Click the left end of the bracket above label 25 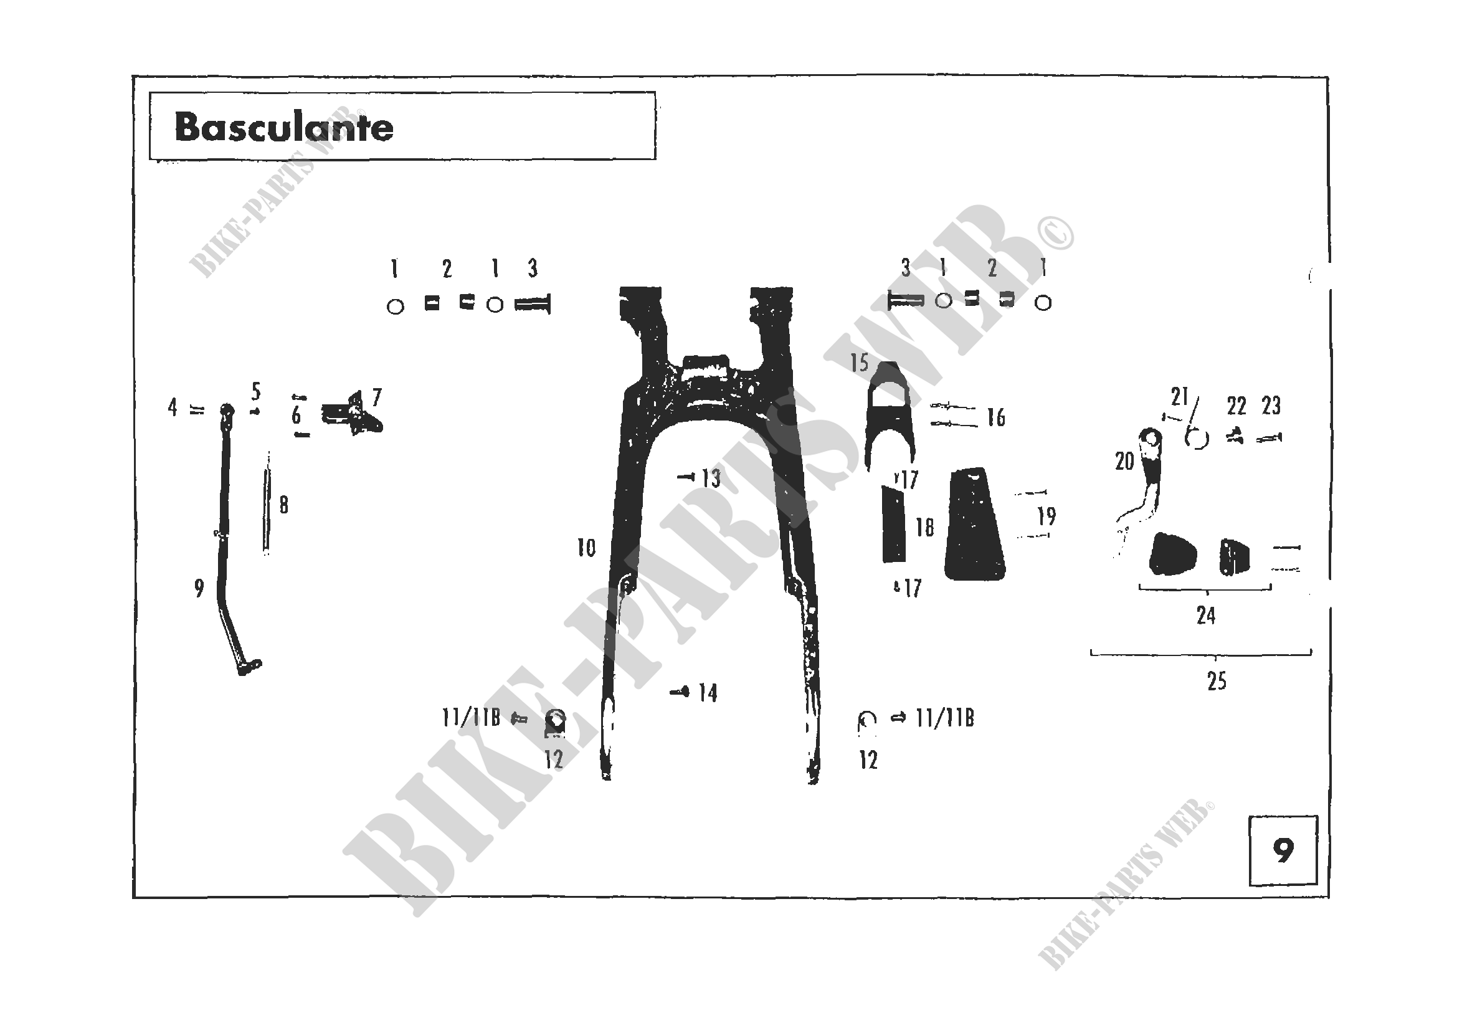point(1091,651)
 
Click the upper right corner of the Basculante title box point(655,92)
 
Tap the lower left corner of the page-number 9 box point(1250,885)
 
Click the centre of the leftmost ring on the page point(396,307)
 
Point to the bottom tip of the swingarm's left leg point(606,778)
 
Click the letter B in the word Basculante point(188,127)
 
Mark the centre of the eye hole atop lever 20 point(1149,437)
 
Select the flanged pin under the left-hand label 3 point(533,305)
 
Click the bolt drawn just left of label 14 point(680,692)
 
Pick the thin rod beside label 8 point(267,503)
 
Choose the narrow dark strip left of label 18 point(893,524)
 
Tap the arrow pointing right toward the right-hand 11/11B point(899,718)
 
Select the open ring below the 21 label point(1197,439)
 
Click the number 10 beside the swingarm point(586,548)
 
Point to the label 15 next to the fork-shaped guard point(859,363)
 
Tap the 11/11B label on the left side point(471,718)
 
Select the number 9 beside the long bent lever point(199,588)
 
